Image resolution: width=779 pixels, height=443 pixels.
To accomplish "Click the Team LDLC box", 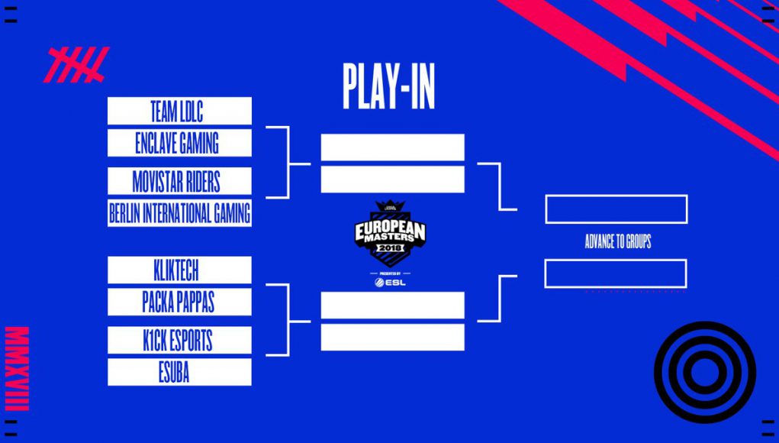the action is pyautogui.click(x=179, y=111).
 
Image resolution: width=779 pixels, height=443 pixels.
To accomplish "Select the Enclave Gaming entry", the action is pyautogui.click(x=179, y=143).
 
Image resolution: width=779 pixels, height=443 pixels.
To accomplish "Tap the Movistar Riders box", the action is pyautogui.click(x=179, y=181).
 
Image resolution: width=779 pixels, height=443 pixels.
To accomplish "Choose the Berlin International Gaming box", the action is pyautogui.click(x=179, y=213).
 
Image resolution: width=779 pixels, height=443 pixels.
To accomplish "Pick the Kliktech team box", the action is pyautogui.click(x=179, y=270).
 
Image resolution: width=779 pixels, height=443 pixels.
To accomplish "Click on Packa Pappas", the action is pyautogui.click(x=179, y=302).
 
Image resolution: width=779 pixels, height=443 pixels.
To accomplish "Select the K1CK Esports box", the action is pyautogui.click(x=179, y=340).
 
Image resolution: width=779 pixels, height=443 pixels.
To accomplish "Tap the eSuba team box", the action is pyautogui.click(x=179, y=372).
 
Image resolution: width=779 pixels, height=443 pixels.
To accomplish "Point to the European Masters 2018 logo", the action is pyautogui.click(x=390, y=233).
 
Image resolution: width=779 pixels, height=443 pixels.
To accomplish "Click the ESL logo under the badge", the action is pyautogui.click(x=390, y=283).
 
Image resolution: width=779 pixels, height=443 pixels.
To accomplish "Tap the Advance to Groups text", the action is pyautogui.click(x=617, y=242).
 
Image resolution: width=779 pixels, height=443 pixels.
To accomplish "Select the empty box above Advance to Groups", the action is pyautogui.click(x=616, y=209).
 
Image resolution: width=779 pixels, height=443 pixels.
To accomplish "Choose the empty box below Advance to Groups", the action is pyautogui.click(x=616, y=273).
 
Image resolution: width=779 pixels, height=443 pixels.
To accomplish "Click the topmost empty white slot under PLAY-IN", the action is pyautogui.click(x=392, y=147).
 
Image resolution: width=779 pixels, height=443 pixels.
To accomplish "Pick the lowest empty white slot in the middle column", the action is pyautogui.click(x=392, y=337).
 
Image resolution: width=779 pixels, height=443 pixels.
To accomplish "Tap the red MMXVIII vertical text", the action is pyautogui.click(x=17, y=368).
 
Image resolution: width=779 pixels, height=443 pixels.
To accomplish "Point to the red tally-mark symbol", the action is pyautogui.click(x=76, y=65).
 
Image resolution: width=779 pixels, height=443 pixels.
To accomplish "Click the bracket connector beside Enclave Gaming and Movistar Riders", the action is pyautogui.click(x=288, y=163).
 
